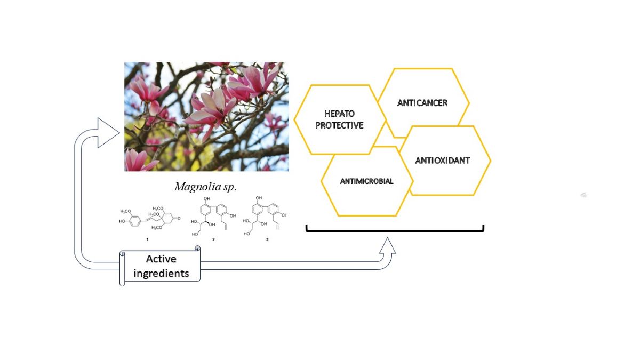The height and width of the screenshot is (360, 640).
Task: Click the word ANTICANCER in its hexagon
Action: [x=422, y=102]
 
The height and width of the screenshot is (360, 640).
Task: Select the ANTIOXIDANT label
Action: [x=442, y=160]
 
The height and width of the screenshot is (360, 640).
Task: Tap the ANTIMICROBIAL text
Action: [x=366, y=181]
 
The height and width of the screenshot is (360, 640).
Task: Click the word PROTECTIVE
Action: [x=339, y=125]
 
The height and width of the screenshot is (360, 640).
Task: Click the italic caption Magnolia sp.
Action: [x=205, y=187]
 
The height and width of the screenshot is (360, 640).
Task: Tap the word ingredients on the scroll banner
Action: [x=161, y=273]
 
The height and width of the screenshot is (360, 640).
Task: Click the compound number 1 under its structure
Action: [x=147, y=240]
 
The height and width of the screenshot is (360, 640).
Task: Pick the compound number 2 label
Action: [x=213, y=240]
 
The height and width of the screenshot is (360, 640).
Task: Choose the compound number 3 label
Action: [x=267, y=240]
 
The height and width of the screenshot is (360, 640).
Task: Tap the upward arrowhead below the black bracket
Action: [x=388, y=246]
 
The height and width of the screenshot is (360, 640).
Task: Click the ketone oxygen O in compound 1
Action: [x=180, y=219]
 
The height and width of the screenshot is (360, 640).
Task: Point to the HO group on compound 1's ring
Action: [x=122, y=220]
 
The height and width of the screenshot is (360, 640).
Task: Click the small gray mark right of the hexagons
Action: [x=584, y=195]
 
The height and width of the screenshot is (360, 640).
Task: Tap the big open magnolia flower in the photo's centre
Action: [x=213, y=109]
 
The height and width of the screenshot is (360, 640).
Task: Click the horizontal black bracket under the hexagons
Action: [x=395, y=231]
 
